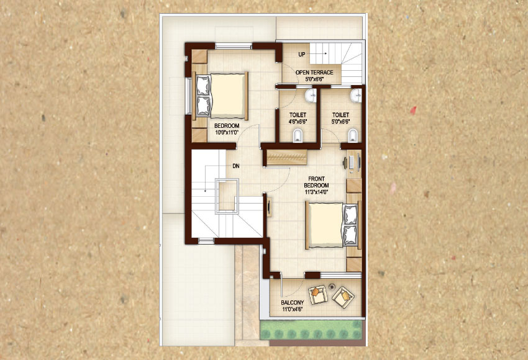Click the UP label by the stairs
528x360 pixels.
click(x=302, y=54)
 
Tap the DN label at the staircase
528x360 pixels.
click(x=235, y=166)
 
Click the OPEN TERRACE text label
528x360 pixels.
click(x=314, y=73)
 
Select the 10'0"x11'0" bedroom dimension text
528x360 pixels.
click(x=227, y=132)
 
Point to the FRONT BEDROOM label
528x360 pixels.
click(x=316, y=182)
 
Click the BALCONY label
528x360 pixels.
click(x=293, y=302)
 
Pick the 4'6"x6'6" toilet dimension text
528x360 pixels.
click(x=298, y=122)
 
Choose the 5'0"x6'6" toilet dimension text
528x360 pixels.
click(x=340, y=122)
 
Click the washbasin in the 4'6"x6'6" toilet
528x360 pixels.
click(x=311, y=96)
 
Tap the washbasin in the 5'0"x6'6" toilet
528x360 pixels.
click(x=355, y=96)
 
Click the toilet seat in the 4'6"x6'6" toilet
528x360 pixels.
click(x=298, y=136)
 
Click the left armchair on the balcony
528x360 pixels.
click(x=318, y=295)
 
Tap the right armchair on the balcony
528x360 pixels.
click(x=343, y=297)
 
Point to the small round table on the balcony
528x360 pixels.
click(x=332, y=286)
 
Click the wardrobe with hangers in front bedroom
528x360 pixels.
click(x=287, y=158)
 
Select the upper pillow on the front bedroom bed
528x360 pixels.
click(x=350, y=214)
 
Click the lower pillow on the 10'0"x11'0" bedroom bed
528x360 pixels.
click(x=203, y=106)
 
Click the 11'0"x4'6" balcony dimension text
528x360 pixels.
click(x=293, y=308)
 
